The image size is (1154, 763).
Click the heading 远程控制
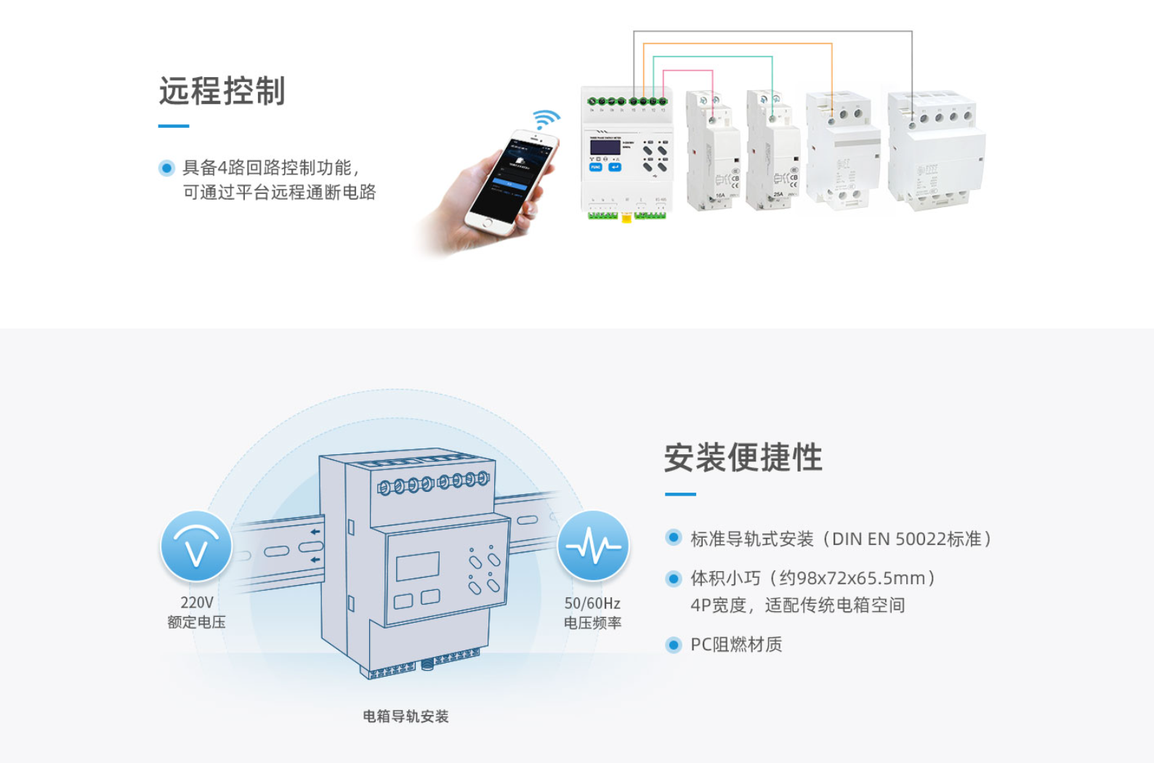(x=222, y=92)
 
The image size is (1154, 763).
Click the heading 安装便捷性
(x=743, y=458)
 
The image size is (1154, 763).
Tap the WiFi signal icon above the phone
(x=546, y=118)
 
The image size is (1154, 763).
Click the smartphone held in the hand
(x=512, y=182)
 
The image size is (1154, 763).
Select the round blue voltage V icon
(x=196, y=546)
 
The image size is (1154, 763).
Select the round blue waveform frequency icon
(x=593, y=546)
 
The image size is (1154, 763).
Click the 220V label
(x=197, y=602)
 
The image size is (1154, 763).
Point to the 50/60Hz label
(x=592, y=603)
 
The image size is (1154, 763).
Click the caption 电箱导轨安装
(x=405, y=716)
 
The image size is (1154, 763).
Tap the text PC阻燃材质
(x=736, y=645)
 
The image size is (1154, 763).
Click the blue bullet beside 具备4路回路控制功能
(x=166, y=169)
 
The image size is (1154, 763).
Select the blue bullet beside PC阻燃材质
(x=674, y=645)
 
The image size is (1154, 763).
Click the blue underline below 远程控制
(x=174, y=126)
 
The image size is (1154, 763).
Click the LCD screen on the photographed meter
(x=605, y=148)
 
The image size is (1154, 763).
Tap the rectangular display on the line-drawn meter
(x=418, y=566)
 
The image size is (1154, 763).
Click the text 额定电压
(x=196, y=622)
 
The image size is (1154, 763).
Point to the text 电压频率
(x=592, y=623)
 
